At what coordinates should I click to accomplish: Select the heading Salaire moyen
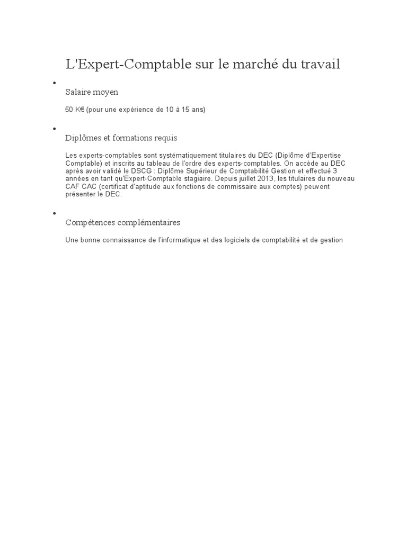coord(92,92)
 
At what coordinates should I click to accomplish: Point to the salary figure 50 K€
coord(74,110)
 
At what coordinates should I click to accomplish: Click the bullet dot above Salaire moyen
coord(54,83)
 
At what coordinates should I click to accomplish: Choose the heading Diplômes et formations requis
coord(121,138)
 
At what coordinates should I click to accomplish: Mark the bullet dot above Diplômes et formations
coord(54,129)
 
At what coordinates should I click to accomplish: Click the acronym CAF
coord(73,187)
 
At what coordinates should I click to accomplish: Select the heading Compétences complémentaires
coord(122,222)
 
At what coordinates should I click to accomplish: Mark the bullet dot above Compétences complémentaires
coord(54,213)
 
